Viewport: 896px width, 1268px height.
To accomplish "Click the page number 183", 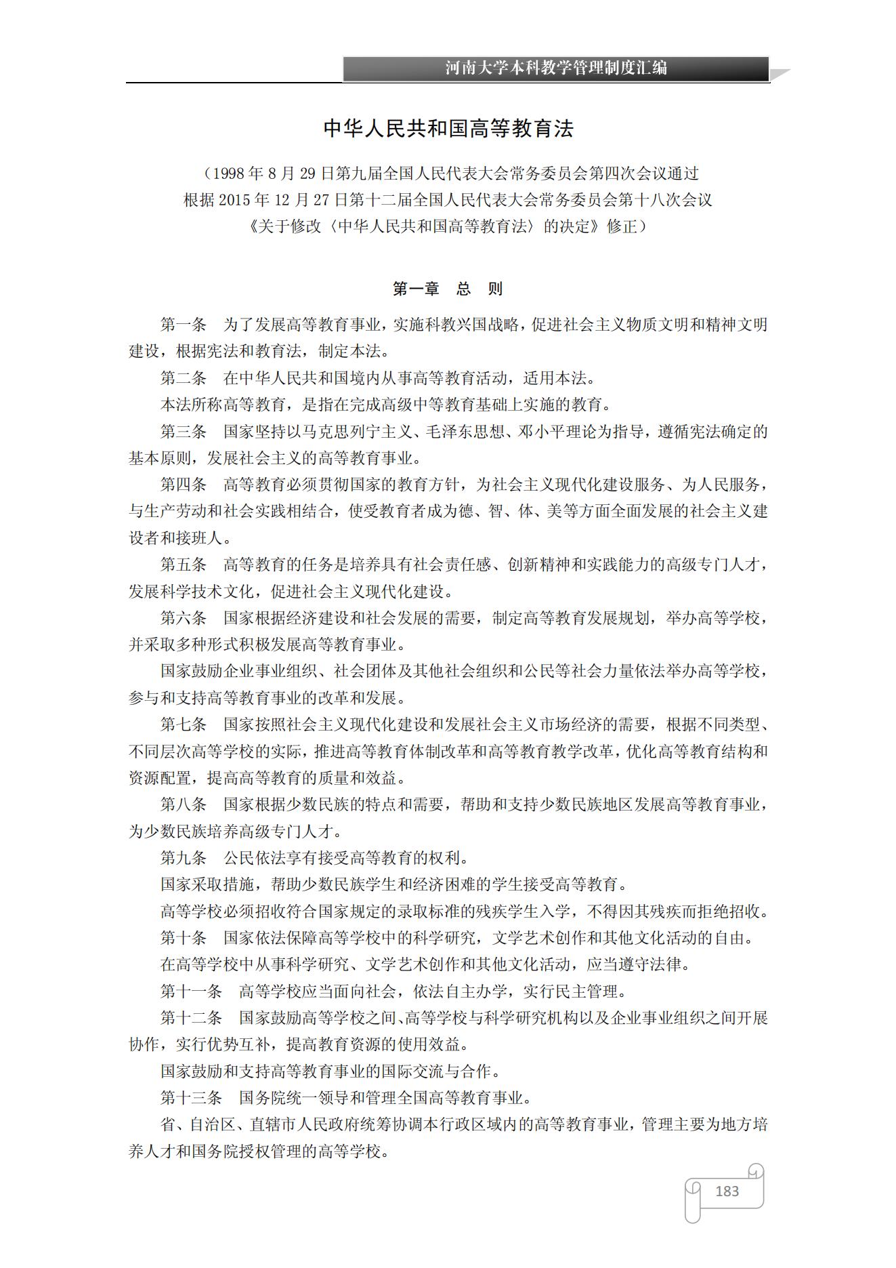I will coord(727,1191).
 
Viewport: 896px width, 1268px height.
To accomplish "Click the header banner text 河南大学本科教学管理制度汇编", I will coord(556,68).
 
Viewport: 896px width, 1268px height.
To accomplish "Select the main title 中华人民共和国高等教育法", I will coord(448,129).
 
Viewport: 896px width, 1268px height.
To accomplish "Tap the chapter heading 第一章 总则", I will coord(448,289).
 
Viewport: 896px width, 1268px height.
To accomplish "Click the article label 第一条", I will coord(183,325).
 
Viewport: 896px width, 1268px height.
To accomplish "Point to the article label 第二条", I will coord(183,378).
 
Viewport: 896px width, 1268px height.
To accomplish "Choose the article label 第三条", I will coord(183,432).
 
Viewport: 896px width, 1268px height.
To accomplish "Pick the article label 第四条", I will coord(183,485).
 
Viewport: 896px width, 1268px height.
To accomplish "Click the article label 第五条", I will coord(183,565).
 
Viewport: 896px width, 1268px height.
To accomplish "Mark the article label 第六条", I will coord(183,618).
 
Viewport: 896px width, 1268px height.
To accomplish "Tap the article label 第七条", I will coord(183,724).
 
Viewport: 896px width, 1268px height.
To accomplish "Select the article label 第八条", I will coord(183,804).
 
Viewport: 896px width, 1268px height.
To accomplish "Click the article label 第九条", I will coord(183,858).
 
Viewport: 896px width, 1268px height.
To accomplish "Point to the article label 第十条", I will coord(183,938).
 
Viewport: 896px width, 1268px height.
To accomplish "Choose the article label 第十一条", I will coord(191,991).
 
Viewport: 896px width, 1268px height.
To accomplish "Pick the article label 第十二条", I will coord(191,1018).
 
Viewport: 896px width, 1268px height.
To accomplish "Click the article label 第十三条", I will coord(191,1098).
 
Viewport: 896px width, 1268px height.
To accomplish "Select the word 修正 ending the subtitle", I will coord(622,226).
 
